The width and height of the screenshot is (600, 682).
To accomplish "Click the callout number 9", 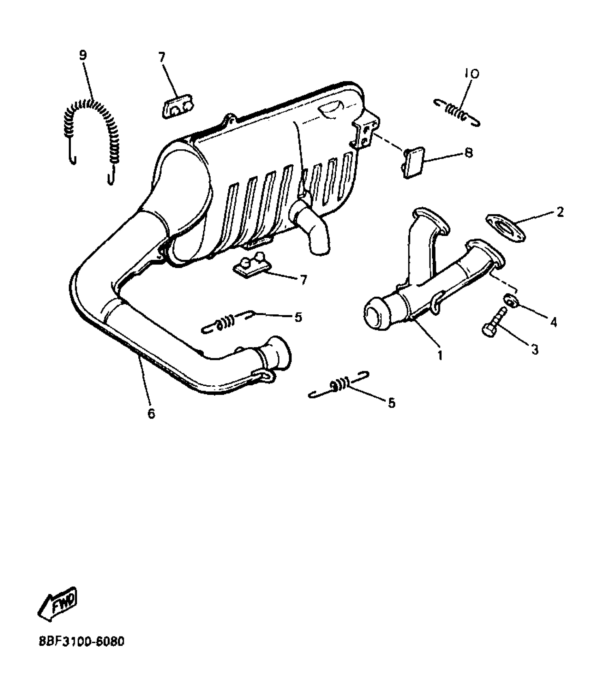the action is pos(83,55).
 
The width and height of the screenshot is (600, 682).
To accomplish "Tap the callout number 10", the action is pos(472,74).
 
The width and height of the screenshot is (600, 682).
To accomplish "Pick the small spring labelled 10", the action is pos(456,111).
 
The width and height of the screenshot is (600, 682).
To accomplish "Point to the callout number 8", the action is pos(469,153).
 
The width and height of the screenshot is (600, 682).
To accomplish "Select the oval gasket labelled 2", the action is pos(505,227).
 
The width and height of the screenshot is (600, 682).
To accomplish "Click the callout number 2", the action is pos(560,212).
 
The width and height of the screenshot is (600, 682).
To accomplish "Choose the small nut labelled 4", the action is pos(510,298).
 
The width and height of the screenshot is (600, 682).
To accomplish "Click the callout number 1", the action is pos(440,356).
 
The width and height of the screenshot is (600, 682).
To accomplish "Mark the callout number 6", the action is pos(151,413).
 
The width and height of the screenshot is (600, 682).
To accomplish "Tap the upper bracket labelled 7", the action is pos(176,106).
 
